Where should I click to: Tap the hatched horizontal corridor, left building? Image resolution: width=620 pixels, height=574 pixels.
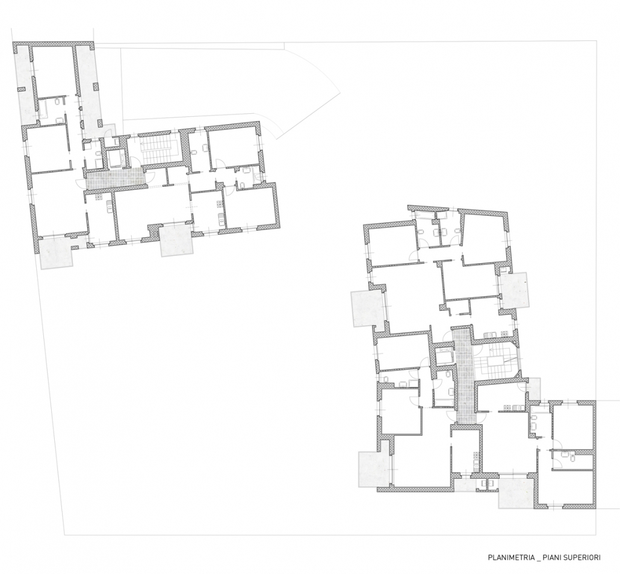click(114, 178)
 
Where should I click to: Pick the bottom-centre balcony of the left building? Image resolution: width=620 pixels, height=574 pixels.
click(176, 241)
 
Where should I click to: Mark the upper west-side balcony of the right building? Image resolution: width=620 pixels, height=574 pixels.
click(368, 308)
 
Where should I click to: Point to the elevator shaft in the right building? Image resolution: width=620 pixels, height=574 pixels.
click(444, 355)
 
